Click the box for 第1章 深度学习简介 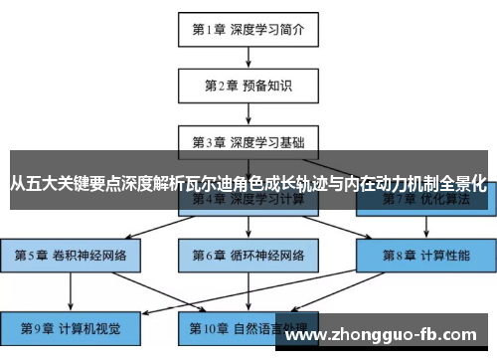coord(248,29)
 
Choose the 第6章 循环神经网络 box coord(248,255)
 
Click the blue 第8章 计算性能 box coord(426,255)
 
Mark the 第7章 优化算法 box coord(426,201)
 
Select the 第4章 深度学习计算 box coord(248,201)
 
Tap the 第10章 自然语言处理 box coord(248,327)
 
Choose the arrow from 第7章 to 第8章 coord(426,228)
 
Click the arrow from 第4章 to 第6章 coord(248,228)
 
